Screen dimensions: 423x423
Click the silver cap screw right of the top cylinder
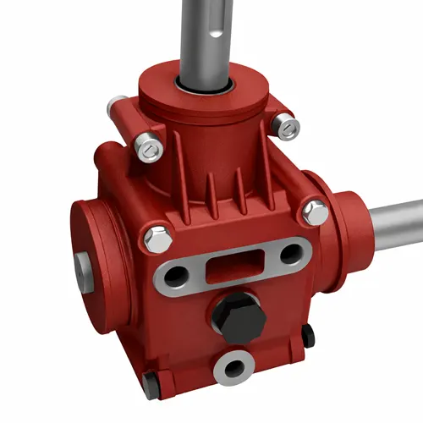288,127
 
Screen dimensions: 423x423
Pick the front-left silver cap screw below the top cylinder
150,148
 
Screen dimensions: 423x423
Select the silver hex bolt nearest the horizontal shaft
315,211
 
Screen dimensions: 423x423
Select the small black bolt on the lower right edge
308,335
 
